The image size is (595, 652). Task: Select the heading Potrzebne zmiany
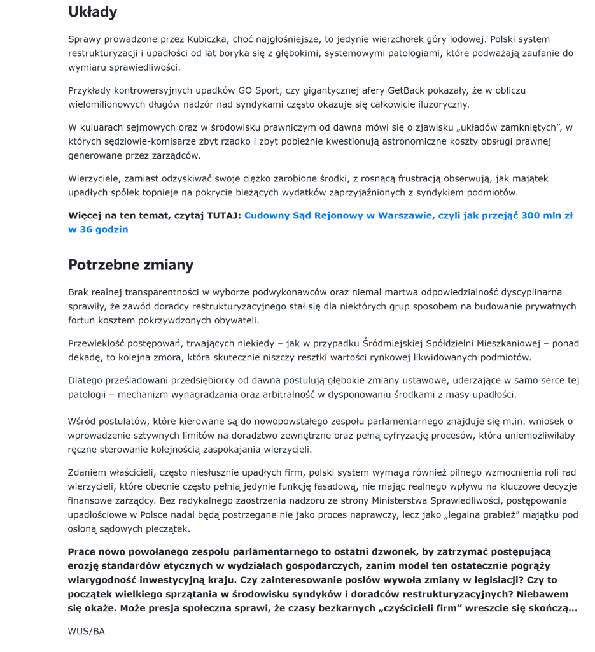coord(130,265)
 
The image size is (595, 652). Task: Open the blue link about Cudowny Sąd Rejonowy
coord(408,216)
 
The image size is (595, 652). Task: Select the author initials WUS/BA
coord(86,632)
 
